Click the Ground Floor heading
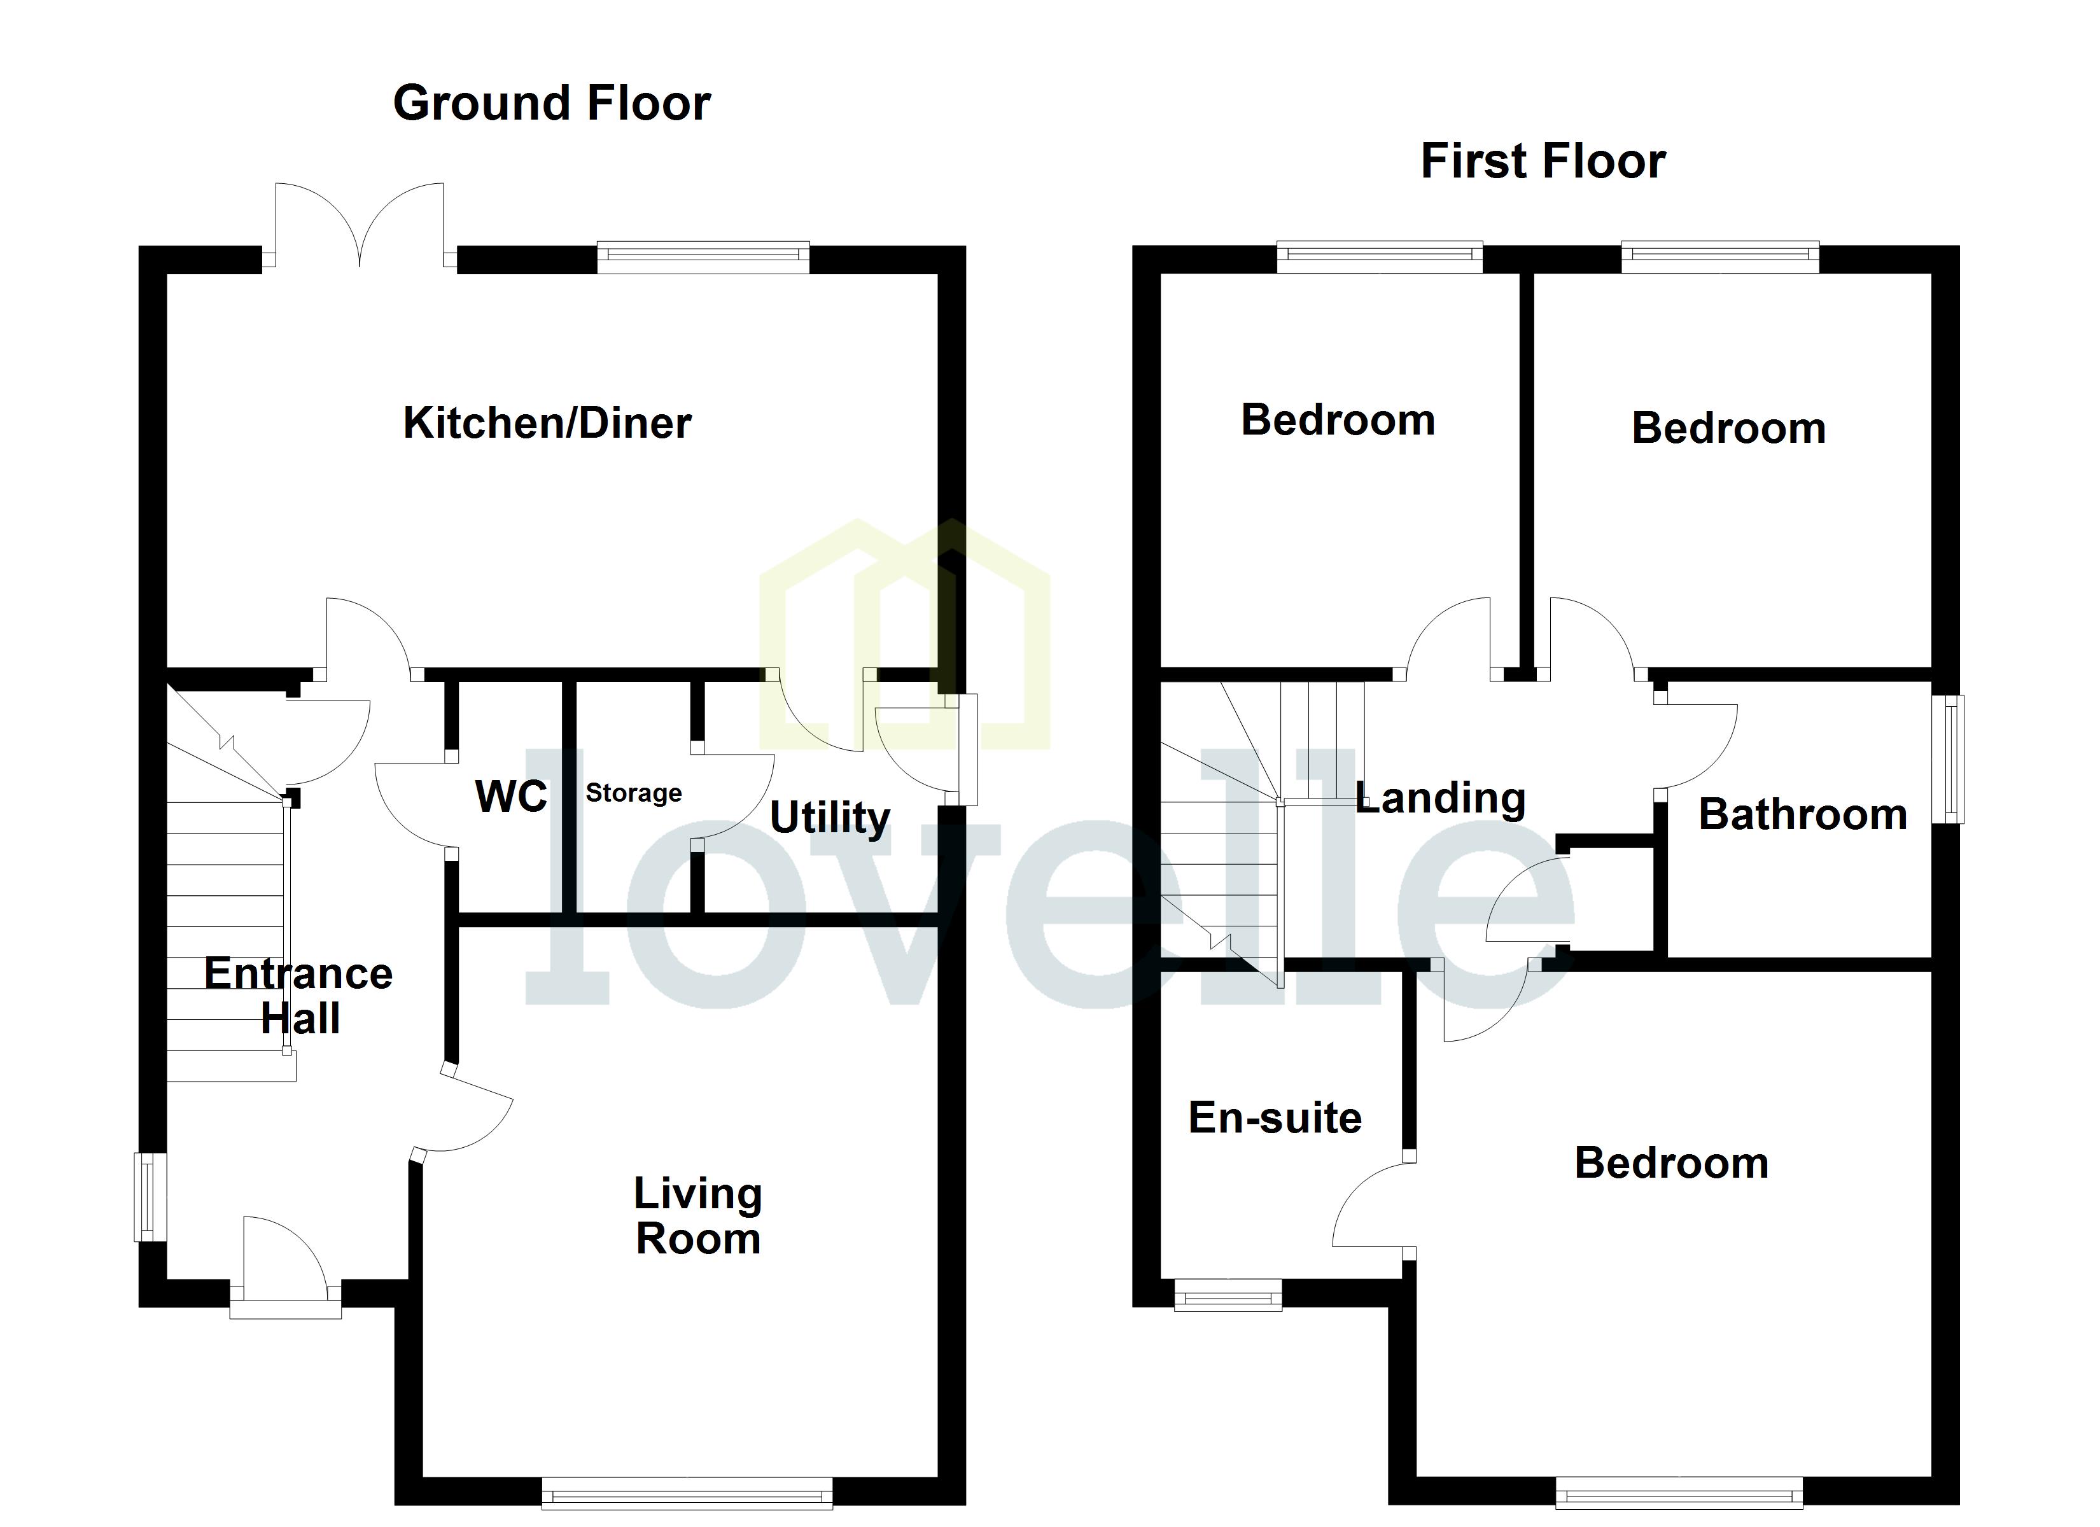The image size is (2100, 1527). pyautogui.click(x=552, y=103)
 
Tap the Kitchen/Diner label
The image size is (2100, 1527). pyautogui.click(x=547, y=423)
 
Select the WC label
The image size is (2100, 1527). pyautogui.click(x=511, y=797)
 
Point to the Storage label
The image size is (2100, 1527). pyautogui.click(x=633, y=793)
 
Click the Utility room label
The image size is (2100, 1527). pyautogui.click(x=830, y=818)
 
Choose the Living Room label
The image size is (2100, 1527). pyautogui.click(x=698, y=1216)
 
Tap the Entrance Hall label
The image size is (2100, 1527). pyautogui.click(x=298, y=996)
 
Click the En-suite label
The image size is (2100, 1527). pyautogui.click(x=1275, y=1118)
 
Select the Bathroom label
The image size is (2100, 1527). pyautogui.click(x=1802, y=815)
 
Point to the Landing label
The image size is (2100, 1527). pyautogui.click(x=1441, y=798)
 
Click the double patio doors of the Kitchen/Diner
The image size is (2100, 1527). pyautogui.click(x=360, y=227)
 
